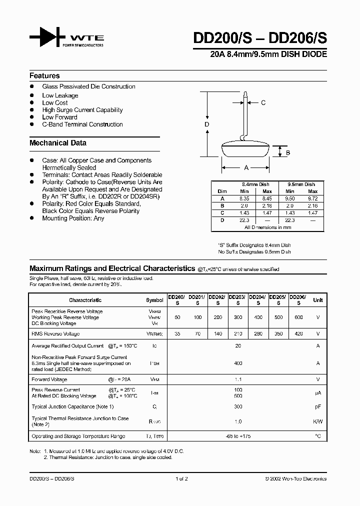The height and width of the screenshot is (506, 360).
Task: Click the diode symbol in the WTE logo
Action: tap(48, 38)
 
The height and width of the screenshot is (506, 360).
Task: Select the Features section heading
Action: tap(44, 76)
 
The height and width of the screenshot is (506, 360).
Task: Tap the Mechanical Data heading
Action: tap(58, 143)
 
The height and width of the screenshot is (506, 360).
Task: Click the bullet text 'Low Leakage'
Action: tap(60, 95)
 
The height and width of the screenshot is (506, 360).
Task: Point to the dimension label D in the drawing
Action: tap(206, 124)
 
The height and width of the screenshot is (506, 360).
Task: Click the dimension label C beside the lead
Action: tap(263, 103)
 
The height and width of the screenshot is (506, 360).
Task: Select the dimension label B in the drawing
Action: tap(288, 152)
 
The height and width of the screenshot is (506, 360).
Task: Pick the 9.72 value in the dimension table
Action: tap(312, 198)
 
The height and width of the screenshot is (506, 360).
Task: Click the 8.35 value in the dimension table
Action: tap(244, 198)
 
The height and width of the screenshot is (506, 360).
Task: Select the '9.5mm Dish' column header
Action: tap(302, 184)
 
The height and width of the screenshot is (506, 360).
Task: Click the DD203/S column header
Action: tap(237, 299)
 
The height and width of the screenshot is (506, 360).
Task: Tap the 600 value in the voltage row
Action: tap(298, 317)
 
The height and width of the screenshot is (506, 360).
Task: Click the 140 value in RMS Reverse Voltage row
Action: tap(217, 333)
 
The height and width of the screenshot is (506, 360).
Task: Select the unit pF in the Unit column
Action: tap(317, 407)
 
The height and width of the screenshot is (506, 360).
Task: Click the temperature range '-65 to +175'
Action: tap(238, 436)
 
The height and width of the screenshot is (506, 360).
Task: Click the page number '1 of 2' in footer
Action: tap(180, 478)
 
